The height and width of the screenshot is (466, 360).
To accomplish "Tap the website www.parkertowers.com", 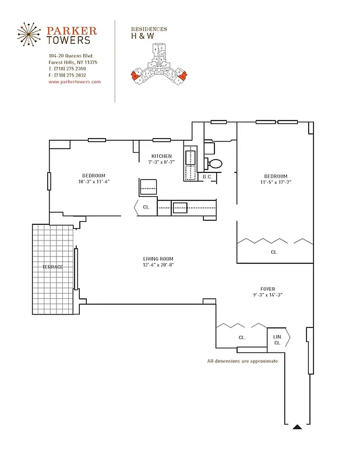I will [x=75, y=82].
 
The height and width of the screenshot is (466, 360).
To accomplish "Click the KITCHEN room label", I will [x=161, y=156].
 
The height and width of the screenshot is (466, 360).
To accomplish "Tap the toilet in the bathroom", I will [x=214, y=164].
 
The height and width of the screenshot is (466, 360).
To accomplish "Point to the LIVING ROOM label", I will [x=158, y=259].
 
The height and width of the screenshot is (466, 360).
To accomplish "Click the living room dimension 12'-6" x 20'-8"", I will [x=158, y=265].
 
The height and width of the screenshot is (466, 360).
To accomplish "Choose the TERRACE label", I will [x=52, y=267].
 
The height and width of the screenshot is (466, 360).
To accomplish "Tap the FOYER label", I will [x=267, y=288].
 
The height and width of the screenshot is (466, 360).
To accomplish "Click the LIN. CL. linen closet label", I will [x=277, y=340].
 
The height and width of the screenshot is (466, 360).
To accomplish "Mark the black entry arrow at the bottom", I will [x=297, y=427].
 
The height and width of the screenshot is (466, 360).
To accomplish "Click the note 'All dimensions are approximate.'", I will [x=243, y=361].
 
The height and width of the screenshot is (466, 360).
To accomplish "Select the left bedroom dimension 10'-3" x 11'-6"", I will [x=93, y=182].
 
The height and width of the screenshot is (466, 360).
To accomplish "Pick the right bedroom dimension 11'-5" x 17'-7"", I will [x=276, y=182].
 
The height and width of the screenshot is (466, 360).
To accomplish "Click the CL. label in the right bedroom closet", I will [x=274, y=252].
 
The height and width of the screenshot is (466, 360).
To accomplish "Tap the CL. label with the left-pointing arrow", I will [x=146, y=207].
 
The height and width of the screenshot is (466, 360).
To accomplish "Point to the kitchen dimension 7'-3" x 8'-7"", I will [x=161, y=162].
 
